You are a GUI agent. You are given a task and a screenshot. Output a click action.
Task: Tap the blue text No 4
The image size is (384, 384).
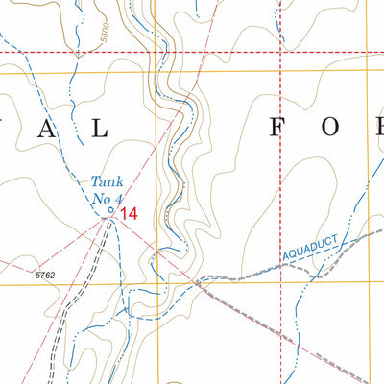107,198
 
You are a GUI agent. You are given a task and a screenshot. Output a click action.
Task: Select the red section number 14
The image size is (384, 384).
129,214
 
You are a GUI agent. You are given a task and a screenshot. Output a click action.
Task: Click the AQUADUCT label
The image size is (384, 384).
313,252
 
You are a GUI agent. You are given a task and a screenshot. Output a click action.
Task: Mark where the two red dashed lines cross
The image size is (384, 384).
280,51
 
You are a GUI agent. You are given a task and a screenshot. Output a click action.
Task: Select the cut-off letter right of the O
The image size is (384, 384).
381,125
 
